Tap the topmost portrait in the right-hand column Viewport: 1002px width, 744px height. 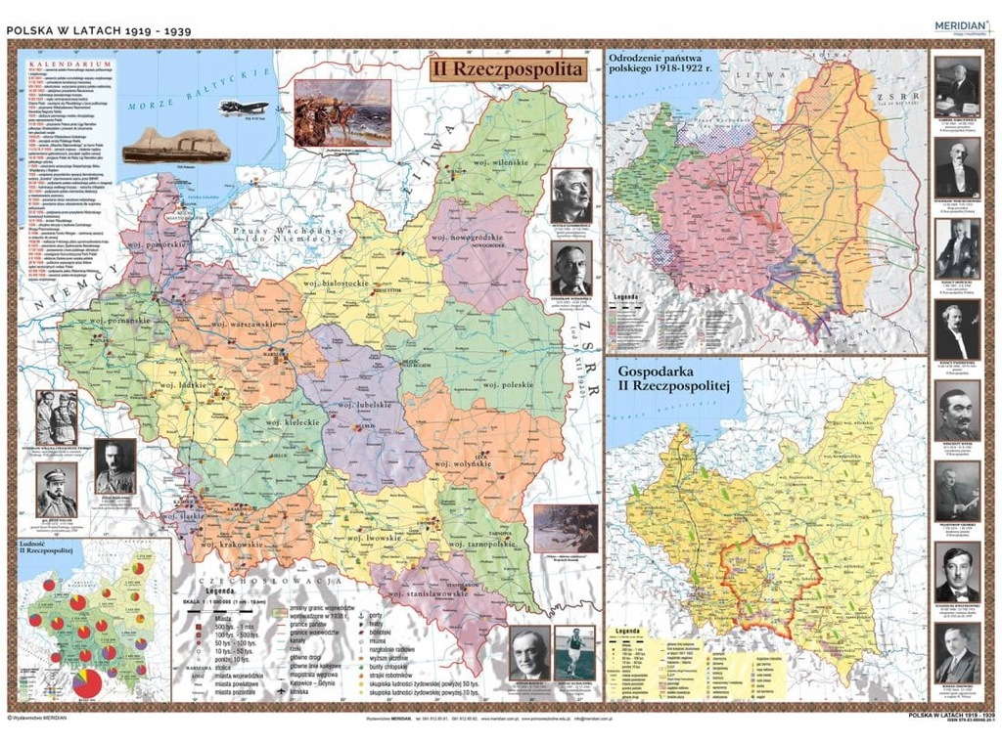point(956,86)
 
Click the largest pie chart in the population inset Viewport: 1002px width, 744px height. point(86,682)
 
